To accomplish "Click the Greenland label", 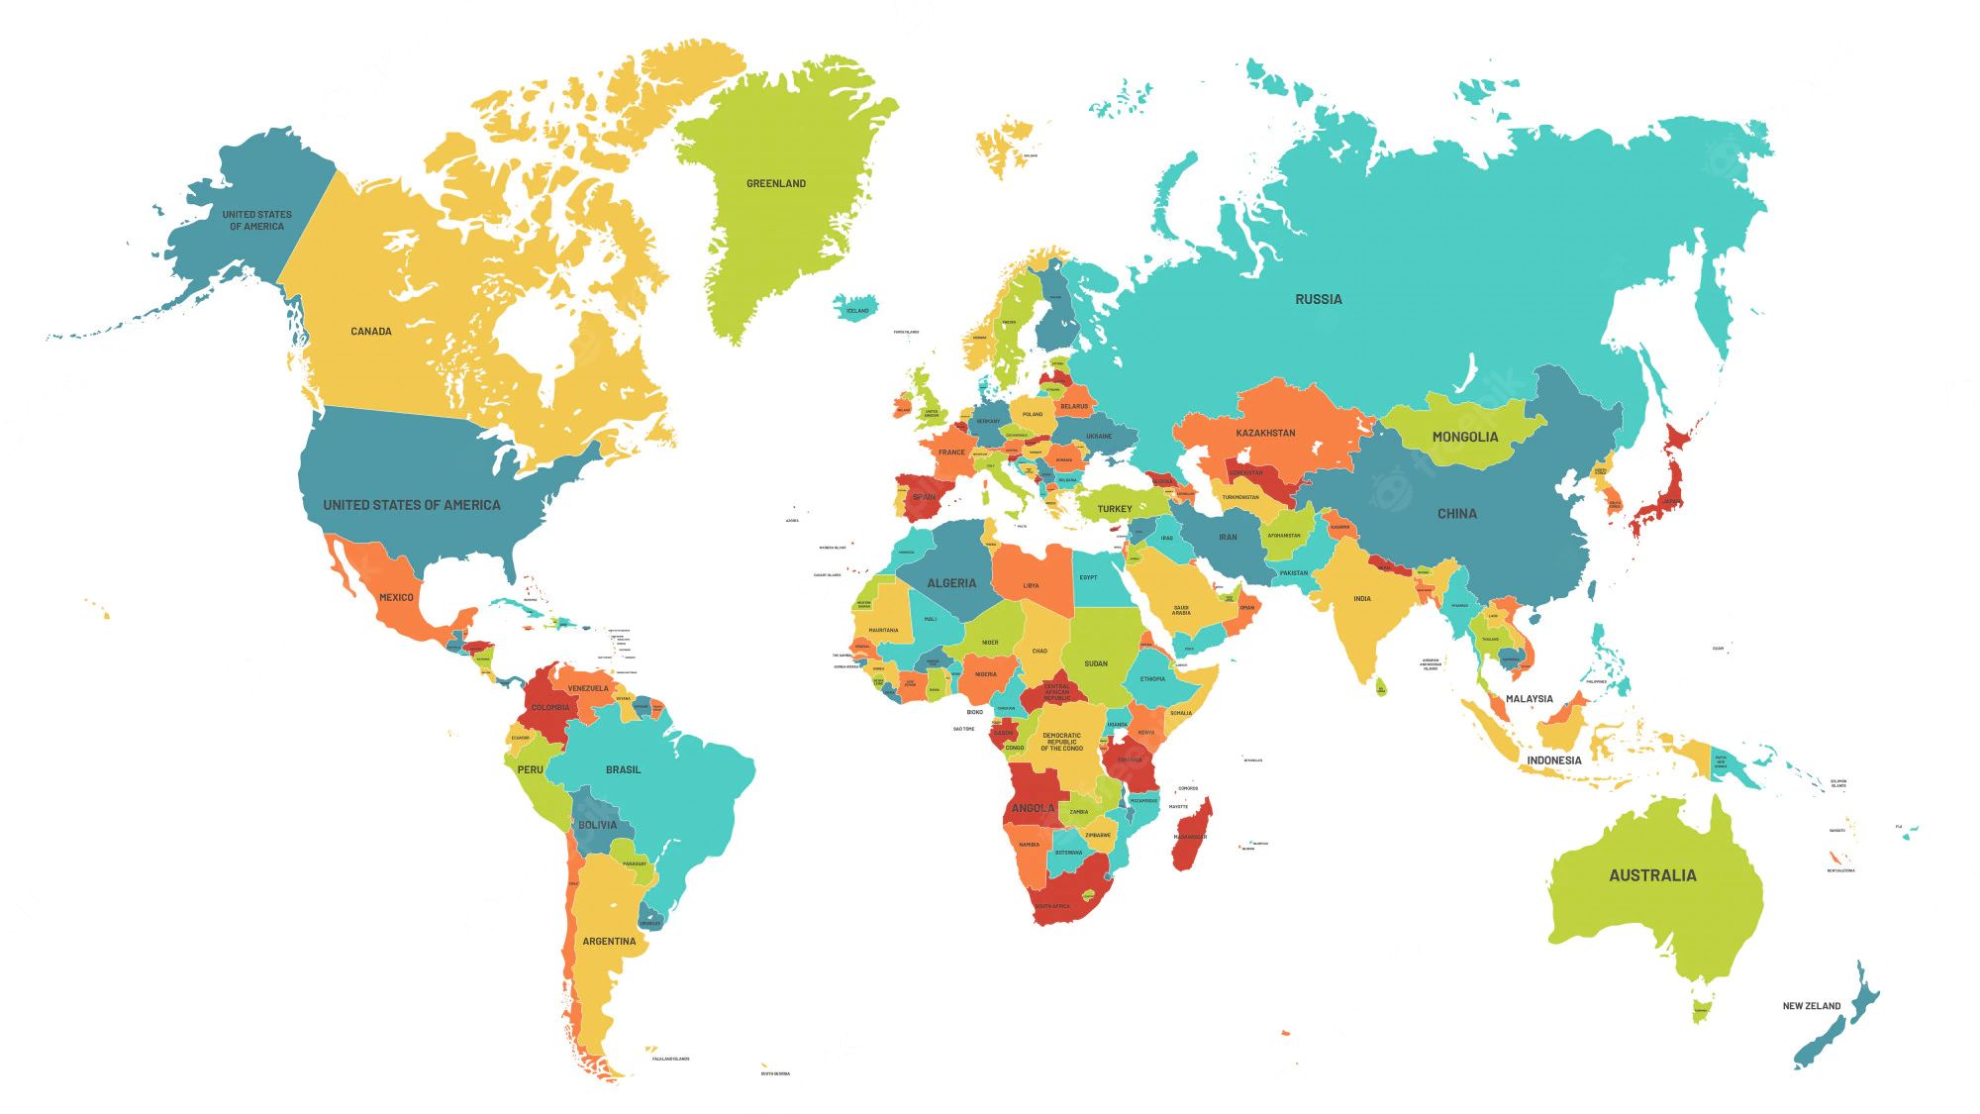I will [776, 183].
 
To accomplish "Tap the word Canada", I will [371, 332].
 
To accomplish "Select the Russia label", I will [1319, 299].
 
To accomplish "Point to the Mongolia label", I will [1465, 437].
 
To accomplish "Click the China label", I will [1457, 514].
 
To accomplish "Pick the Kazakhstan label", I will [1265, 433].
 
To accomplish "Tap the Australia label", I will [1652, 875].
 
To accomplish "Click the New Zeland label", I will [1812, 1006].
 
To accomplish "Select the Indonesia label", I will [1554, 760].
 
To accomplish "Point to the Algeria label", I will [951, 583].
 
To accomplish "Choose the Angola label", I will [1033, 808].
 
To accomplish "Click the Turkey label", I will [1115, 509].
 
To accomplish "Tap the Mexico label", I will [396, 597].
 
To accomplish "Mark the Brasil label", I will [624, 769].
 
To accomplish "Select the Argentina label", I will [609, 941].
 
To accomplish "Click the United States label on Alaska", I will [257, 220].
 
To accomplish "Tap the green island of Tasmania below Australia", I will [1702, 1009].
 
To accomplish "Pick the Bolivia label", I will [597, 825].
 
